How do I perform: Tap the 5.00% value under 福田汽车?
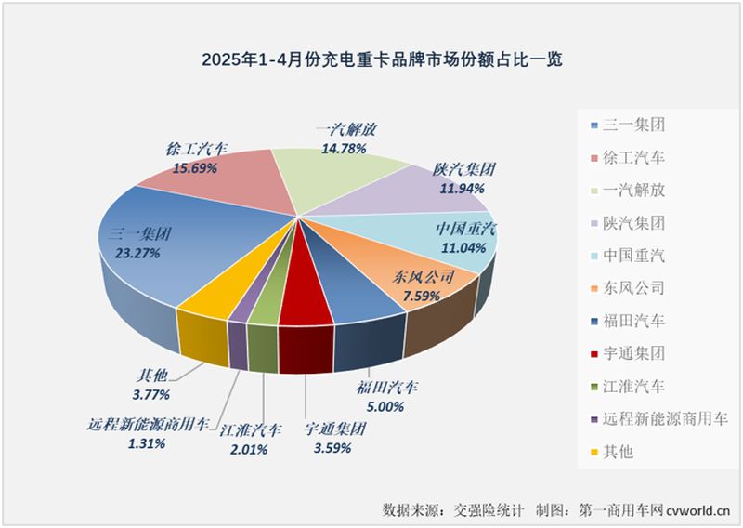pos(384,406)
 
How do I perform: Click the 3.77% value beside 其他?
pos(150,395)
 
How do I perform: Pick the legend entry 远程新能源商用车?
pos(660,419)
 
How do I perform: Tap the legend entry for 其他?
pos(618,452)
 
